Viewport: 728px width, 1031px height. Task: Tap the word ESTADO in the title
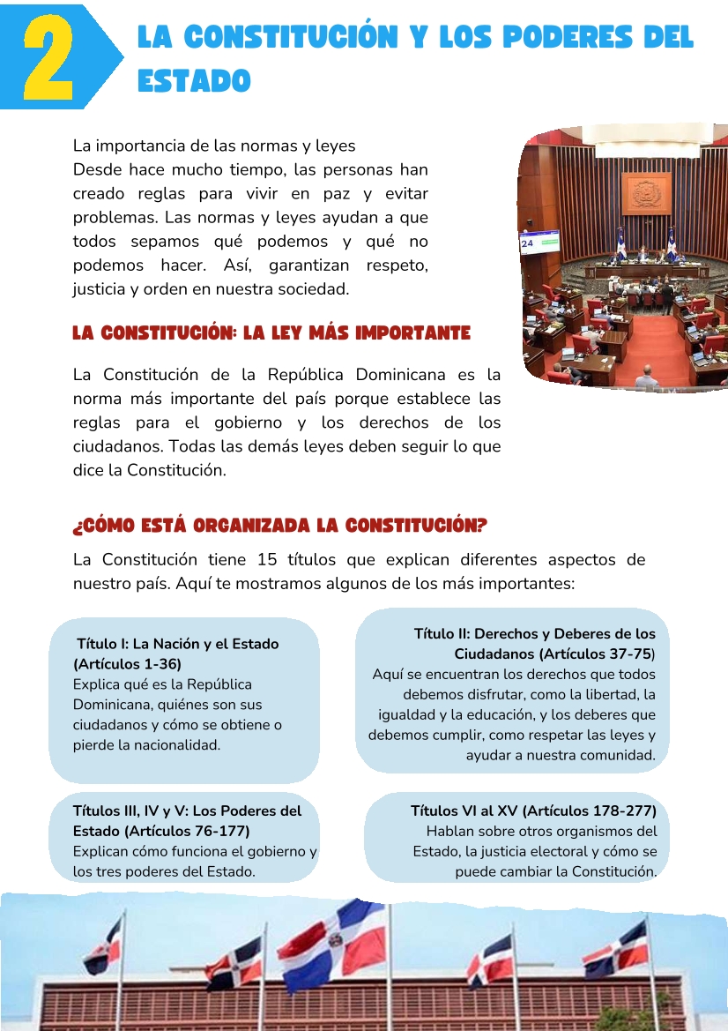(194, 81)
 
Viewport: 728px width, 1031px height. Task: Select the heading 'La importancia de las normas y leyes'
(214, 146)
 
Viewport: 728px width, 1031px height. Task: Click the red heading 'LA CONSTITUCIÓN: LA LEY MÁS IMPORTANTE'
(271, 333)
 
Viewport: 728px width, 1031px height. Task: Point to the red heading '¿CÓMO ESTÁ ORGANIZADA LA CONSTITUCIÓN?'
(279, 527)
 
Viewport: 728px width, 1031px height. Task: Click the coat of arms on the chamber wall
(647, 193)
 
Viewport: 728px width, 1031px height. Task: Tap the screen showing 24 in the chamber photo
(539, 241)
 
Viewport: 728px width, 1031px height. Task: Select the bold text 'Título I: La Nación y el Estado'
(177, 644)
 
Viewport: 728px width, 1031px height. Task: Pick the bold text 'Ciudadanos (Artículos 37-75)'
(555, 654)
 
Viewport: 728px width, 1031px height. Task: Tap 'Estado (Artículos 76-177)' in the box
(161, 831)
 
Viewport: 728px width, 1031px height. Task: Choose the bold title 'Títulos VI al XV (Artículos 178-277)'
(533, 811)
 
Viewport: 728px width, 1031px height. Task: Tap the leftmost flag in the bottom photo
(104, 946)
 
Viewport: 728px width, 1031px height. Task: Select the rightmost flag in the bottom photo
(616, 951)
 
